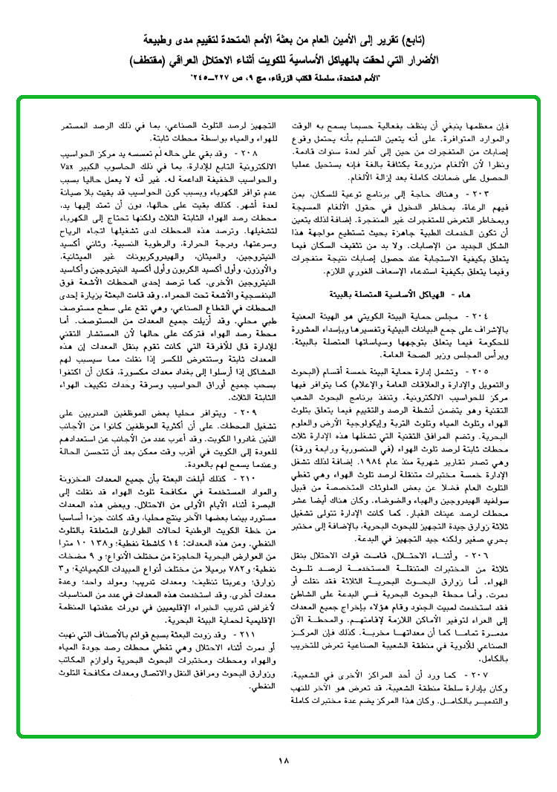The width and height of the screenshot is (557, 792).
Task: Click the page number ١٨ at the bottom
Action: [283, 761]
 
